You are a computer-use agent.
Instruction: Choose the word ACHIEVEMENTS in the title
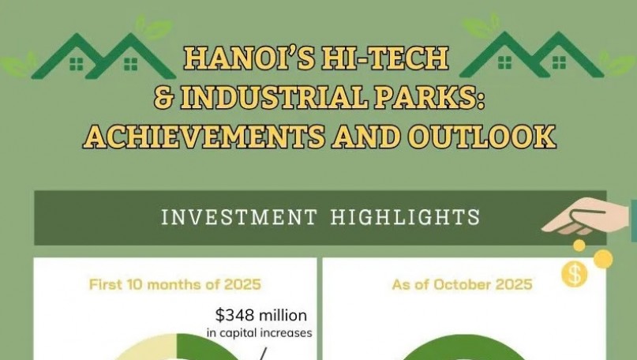[x=203, y=136]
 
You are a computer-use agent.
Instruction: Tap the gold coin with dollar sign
[x=575, y=275]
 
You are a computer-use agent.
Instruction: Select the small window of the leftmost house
[x=78, y=62]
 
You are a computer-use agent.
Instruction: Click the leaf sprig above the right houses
[x=481, y=28]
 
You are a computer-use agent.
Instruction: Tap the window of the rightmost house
[x=560, y=62]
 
